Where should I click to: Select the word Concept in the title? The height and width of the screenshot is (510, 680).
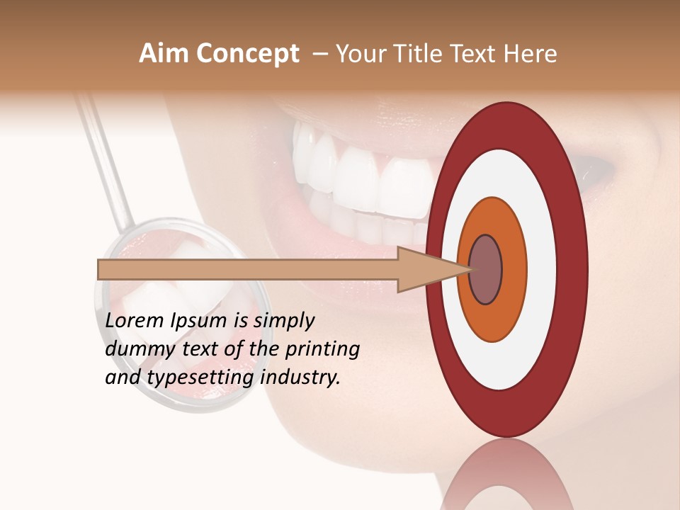click(x=247, y=54)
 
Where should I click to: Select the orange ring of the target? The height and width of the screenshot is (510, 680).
click(x=514, y=270)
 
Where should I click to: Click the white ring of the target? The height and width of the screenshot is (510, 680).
click(x=542, y=270)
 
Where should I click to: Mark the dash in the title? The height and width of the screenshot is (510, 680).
click(x=319, y=55)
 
